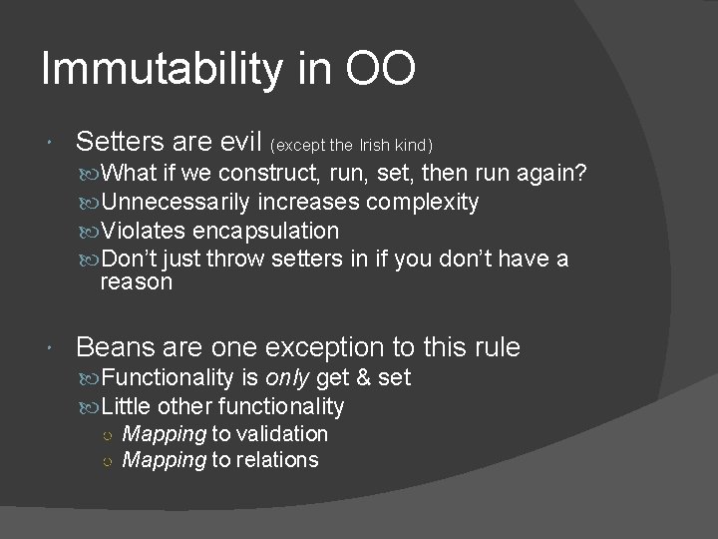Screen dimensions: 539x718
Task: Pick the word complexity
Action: (x=423, y=203)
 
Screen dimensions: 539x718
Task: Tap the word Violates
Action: (x=144, y=231)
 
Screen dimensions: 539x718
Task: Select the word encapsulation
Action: (x=265, y=231)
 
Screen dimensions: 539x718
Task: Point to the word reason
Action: (x=136, y=282)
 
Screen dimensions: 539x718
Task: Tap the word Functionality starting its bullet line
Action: (x=168, y=378)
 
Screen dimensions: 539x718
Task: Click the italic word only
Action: (x=288, y=378)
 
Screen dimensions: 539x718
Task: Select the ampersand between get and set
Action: (x=364, y=378)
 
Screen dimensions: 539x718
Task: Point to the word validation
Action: (x=281, y=434)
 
